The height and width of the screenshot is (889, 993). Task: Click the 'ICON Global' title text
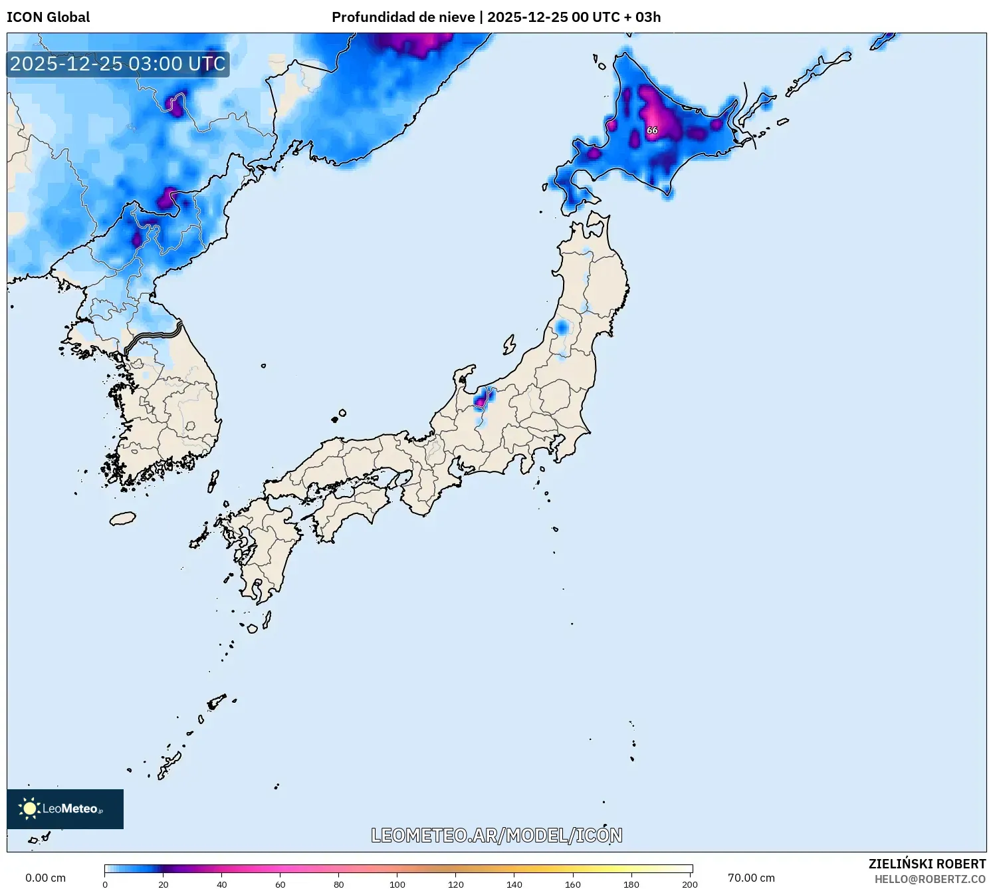[x=48, y=17]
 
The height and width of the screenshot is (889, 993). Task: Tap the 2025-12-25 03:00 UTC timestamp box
[x=118, y=64]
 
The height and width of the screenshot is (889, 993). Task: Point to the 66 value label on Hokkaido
[x=652, y=130]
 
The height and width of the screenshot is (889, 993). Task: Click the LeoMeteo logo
[x=65, y=809]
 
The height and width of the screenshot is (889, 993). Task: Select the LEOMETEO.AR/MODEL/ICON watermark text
[x=496, y=835]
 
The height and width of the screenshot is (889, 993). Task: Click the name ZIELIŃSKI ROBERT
[x=927, y=864]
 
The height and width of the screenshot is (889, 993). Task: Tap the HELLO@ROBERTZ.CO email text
[x=929, y=879]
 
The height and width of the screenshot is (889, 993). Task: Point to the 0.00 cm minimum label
[x=45, y=878]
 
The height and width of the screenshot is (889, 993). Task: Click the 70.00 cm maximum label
[x=751, y=878]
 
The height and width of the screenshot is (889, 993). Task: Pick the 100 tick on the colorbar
[x=397, y=884]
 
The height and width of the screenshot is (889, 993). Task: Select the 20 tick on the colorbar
[x=164, y=884]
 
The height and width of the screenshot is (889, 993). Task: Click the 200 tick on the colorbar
[x=690, y=884]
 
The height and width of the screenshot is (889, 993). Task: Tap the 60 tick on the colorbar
[x=280, y=884]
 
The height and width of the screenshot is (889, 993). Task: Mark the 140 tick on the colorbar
[x=514, y=884]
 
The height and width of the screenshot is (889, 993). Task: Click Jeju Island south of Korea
[x=122, y=518]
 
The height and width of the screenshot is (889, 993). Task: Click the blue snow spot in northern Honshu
[x=562, y=328]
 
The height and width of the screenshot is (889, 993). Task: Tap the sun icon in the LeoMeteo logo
[x=29, y=809]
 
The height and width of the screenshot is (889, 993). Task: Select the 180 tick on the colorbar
[x=631, y=884]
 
